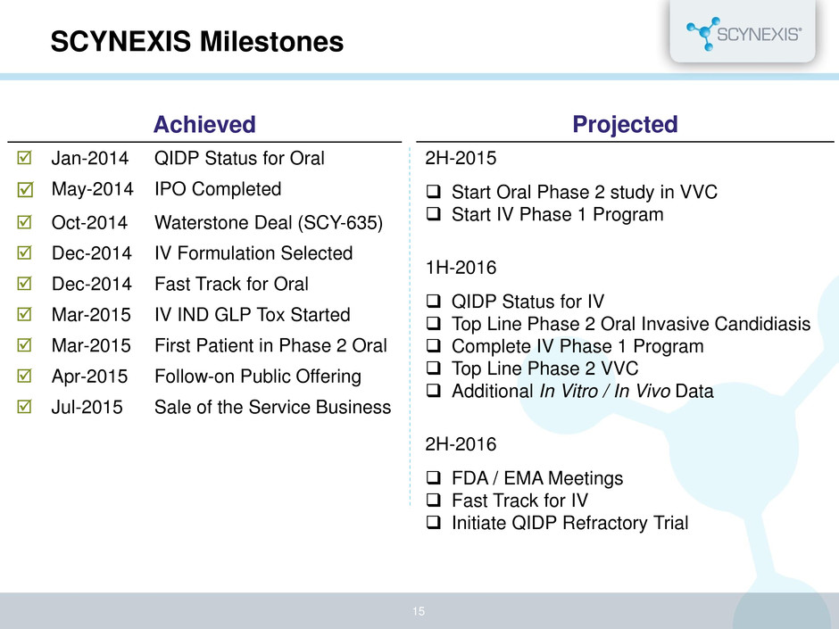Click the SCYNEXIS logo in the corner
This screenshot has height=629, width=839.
click(x=743, y=34)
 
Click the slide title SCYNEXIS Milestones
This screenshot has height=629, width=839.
click(x=197, y=42)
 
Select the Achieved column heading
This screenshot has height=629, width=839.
click(x=204, y=125)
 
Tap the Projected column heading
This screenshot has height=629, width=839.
click(x=625, y=124)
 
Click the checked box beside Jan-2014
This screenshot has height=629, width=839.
click(x=25, y=158)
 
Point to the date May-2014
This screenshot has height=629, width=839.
click(x=92, y=189)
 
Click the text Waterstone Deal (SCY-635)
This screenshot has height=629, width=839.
click(x=269, y=222)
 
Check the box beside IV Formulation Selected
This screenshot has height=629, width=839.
click(x=25, y=252)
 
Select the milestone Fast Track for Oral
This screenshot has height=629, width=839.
click(x=232, y=284)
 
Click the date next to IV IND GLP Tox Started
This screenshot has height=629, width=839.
click(x=91, y=314)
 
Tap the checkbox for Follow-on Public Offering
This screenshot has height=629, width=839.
click(x=25, y=376)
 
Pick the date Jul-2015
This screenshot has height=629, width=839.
click(x=87, y=407)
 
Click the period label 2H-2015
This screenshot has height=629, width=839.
click(x=461, y=158)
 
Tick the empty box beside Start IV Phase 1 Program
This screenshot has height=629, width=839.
click(x=434, y=214)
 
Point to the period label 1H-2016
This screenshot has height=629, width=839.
click(x=461, y=268)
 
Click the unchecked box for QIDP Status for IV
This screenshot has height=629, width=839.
click(x=434, y=301)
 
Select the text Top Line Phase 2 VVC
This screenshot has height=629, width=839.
click(x=544, y=368)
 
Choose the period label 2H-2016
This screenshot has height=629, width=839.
click(x=461, y=444)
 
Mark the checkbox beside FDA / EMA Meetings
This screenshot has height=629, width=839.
click(x=434, y=477)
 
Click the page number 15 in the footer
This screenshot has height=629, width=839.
click(x=419, y=611)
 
